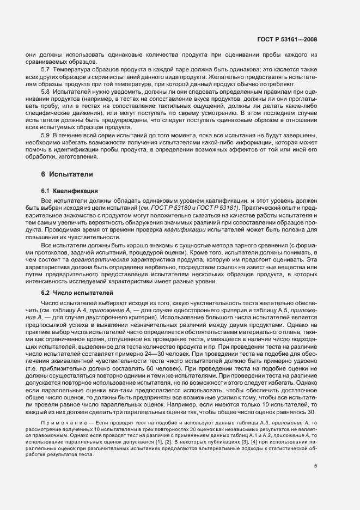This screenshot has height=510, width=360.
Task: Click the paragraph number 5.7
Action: (x=46, y=70)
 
